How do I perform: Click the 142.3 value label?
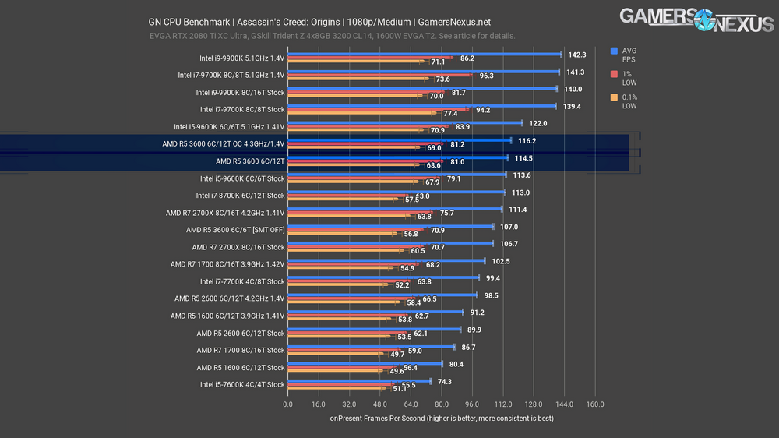577,55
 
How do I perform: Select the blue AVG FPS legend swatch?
615,51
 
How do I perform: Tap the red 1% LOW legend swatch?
615,74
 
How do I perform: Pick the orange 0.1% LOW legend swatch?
615,97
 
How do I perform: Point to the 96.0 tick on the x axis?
472,404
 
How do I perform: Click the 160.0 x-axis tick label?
595,404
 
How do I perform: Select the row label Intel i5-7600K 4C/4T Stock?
242,384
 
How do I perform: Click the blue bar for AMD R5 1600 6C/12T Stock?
365,364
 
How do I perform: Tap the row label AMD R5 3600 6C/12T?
250,161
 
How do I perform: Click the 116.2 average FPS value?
527,141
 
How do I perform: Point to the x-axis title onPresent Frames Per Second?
441,419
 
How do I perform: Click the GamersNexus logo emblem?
684,19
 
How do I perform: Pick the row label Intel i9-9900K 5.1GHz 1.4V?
242,58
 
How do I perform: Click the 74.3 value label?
445,381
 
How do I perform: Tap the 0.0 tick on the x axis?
287,404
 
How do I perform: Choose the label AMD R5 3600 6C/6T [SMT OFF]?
235,230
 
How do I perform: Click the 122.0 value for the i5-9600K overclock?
538,123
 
